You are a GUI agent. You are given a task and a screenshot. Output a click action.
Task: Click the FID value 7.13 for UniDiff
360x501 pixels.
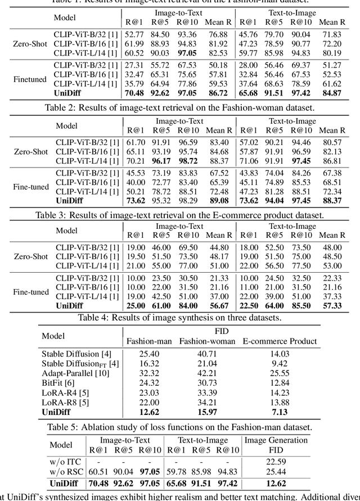(280, 412)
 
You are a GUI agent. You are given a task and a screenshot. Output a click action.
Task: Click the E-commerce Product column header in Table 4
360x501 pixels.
(280, 341)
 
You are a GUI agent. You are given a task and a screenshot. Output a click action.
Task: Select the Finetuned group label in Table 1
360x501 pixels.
(29, 79)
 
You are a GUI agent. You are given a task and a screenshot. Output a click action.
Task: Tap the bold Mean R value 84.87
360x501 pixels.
(331, 93)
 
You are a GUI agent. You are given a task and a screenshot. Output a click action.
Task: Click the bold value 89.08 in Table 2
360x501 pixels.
(218, 200)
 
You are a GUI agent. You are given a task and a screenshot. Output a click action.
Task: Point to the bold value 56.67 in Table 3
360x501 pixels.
(218, 305)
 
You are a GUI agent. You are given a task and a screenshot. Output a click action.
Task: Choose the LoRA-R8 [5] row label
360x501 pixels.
(65, 401)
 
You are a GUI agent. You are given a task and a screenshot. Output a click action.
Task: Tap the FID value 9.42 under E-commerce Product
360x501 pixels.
(280, 363)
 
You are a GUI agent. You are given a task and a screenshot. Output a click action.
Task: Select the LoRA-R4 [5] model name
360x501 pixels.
(65, 392)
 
